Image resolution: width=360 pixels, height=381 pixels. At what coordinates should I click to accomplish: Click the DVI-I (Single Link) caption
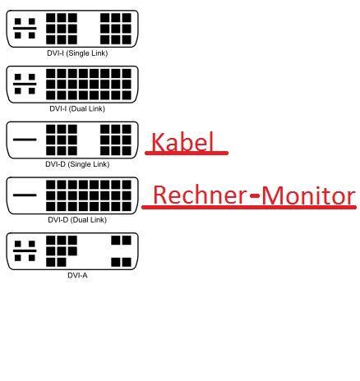(x=77, y=53)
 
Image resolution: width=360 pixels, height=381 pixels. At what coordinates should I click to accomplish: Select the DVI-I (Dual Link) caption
(x=77, y=108)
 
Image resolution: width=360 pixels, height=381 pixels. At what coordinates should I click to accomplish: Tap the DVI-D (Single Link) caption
(x=77, y=164)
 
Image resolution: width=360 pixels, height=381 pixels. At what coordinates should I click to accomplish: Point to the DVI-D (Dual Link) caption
(x=77, y=220)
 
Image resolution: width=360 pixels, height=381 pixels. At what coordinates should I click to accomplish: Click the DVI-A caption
(x=77, y=275)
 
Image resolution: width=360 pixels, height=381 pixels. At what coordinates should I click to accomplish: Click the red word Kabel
(x=182, y=141)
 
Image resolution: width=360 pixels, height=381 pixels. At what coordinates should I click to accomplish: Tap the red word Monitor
(x=308, y=195)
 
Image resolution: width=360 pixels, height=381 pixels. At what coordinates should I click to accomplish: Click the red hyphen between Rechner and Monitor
(x=255, y=195)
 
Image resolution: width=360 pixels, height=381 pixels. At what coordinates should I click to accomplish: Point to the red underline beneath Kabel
(x=187, y=153)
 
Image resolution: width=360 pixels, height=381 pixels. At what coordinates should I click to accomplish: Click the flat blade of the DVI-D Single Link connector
(x=25, y=140)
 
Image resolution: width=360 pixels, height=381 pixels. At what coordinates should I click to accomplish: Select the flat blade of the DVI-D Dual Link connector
(x=25, y=195)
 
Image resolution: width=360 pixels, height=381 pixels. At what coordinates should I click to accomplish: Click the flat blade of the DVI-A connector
(x=25, y=250)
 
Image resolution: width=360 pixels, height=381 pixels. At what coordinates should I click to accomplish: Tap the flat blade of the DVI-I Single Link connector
(x=25, y=28)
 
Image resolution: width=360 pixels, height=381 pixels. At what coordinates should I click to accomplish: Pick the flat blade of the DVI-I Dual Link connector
(x=25, y=84)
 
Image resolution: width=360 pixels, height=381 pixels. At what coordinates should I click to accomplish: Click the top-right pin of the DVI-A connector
(x=127, y=241)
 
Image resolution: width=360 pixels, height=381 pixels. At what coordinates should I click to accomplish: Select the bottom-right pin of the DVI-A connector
(x=127, y=262)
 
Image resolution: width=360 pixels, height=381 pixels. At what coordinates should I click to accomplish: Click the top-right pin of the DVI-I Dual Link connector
(x=127, y=73)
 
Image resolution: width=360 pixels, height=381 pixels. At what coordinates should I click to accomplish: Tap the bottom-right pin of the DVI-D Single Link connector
(x=127, y=151)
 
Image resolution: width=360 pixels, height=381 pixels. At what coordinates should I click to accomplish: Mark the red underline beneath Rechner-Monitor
(x=249, y=208)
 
